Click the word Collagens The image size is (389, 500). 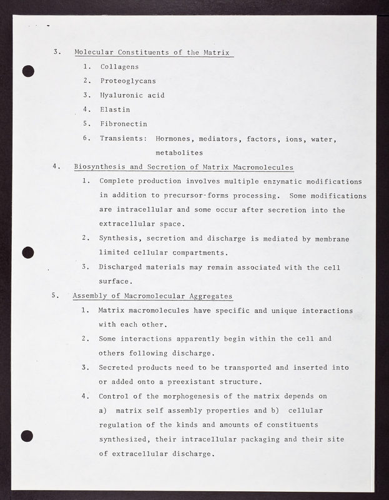coord(120,66)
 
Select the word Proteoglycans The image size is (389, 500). coord(129,81)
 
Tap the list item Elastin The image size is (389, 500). coord(116,109)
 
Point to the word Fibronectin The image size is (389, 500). coord(124,124)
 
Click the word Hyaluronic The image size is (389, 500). coord(122,95)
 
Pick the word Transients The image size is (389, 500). coord(124,138)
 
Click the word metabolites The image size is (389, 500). coord(179,152)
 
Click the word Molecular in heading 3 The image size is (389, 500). coord(96,52)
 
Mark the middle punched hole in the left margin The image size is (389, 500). coord(27,252)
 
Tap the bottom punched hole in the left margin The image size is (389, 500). coord(27,436)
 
